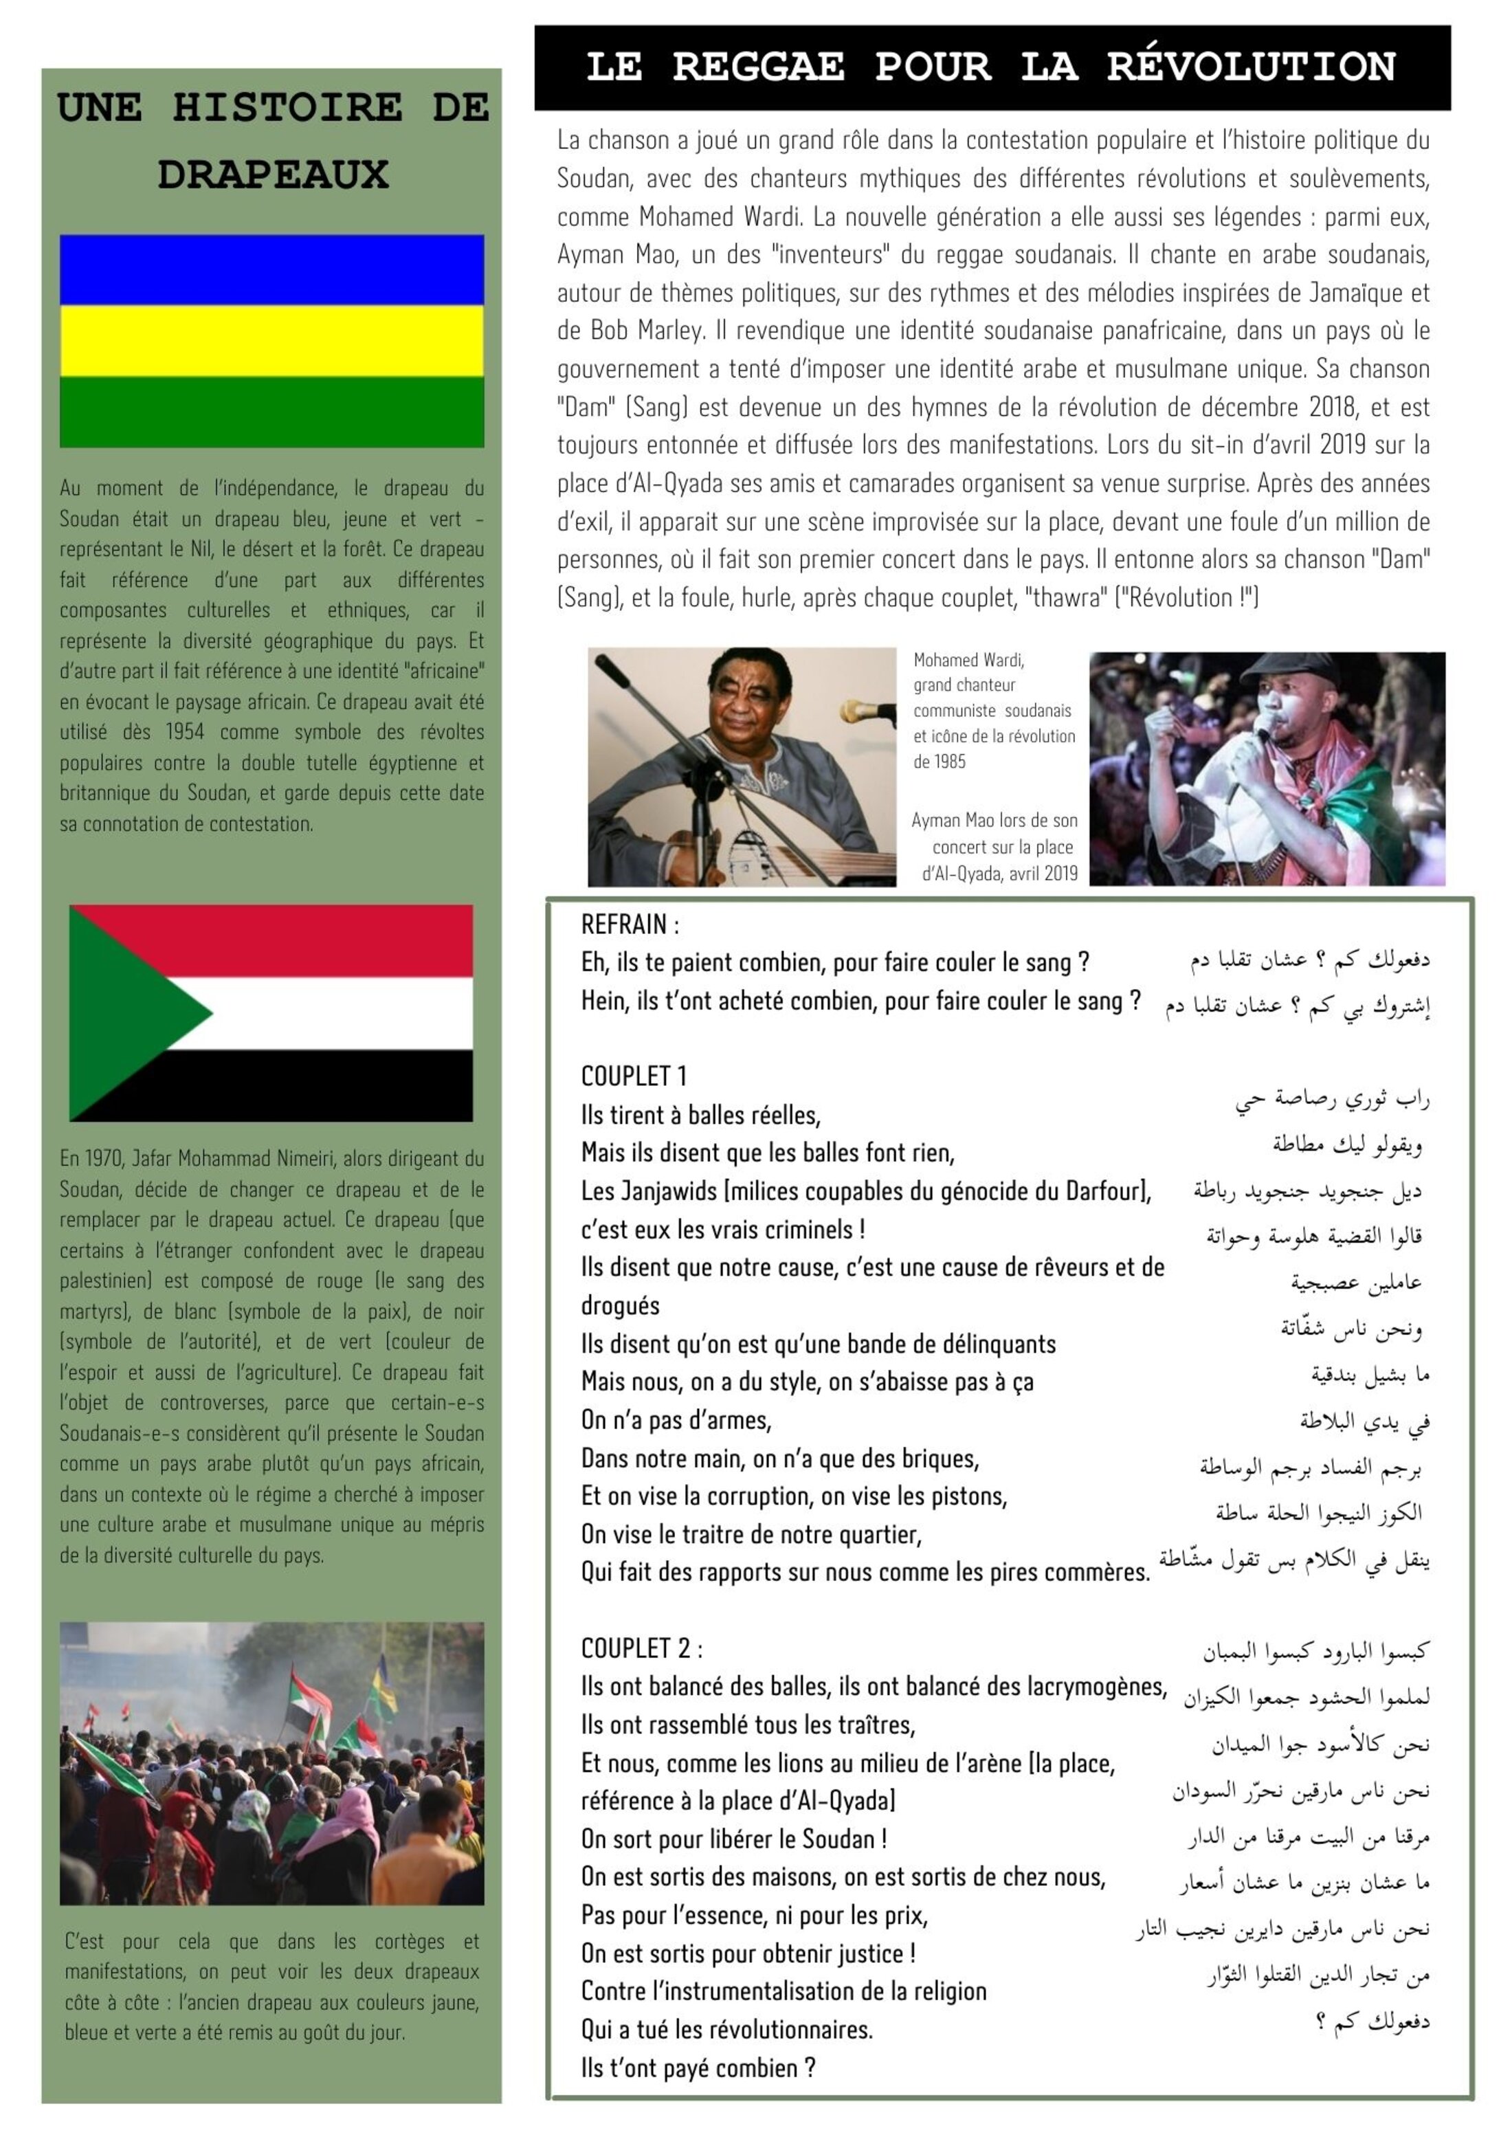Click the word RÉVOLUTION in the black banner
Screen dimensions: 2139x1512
(1250, 67)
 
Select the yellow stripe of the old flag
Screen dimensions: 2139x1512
(272, 341)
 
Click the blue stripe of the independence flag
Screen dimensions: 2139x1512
(272, 270)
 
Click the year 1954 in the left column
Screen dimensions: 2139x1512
(190, 732)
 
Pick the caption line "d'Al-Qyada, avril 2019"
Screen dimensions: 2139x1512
(999, 874)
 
